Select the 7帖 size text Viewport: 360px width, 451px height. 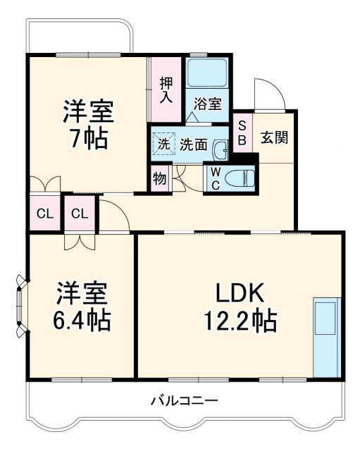pos(87,138)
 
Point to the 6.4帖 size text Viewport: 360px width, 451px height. pos(82,321)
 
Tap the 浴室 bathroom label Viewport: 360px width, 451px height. pos(207,104)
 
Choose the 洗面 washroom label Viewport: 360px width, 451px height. pos(192,144)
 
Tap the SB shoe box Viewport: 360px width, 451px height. pos(242,132)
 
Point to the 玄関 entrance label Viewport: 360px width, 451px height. pos(274,137)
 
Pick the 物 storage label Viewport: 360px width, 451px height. pos(159,178)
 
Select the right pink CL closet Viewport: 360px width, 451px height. pos(80,214)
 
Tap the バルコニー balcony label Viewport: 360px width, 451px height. pos(184,401)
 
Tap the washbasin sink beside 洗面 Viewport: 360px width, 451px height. pos(221,149)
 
